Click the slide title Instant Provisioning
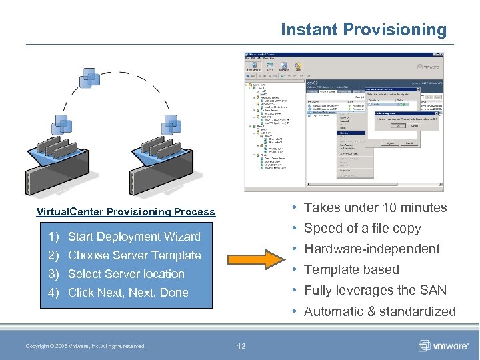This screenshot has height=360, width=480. pyautogui.click(x=363, y=30)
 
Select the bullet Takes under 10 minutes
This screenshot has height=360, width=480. pyautogui.click(x=375, y=207)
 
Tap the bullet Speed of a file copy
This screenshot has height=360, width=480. pyautogui.click(x=362, y=228)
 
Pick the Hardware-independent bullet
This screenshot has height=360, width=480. pyautogui.click(x=371, y=249)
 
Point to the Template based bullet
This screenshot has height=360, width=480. pyautogui.click(x=351, y=269)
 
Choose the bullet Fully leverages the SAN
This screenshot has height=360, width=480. pyautogui.click(x=375, y=290)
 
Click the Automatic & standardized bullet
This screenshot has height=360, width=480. pyautogui.click(x=379, y=311)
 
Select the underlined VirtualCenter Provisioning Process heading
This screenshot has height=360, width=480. pyautogui.click(x=126, y=212)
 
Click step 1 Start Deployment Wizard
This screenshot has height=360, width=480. pyautogui.click(x=133, y=237)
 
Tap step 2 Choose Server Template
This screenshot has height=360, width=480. pyautogui.click(x=134, y=255)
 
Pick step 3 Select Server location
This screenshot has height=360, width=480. pyautogui.click(x=126, y=274)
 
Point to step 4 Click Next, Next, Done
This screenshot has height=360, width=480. pyautogui.click(x=128, y=293)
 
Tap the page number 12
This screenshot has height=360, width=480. pyautogui.click(x=241, y=346)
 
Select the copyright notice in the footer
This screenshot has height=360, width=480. pyautogui.click(x=85, y=346)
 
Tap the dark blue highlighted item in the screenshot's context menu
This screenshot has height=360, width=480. pyautogui.click(x=351, y=133)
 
